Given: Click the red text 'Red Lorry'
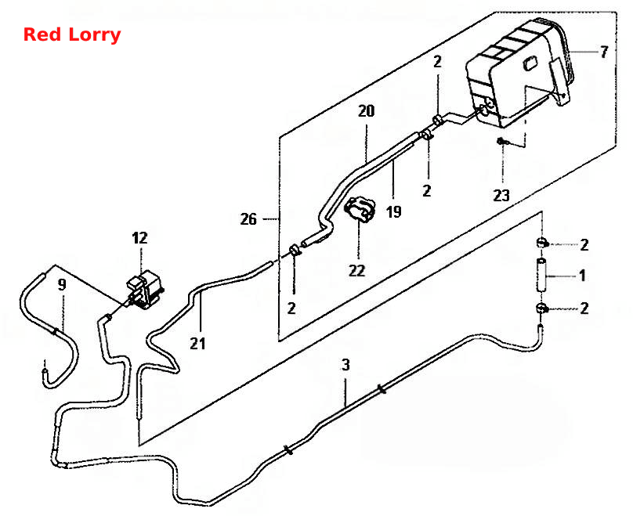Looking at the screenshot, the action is (x=72, y=34).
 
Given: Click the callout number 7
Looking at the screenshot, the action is (x=603, y=52).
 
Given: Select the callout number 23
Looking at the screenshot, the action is (x=501, y=196).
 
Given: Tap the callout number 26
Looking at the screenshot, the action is (x=248, y=219).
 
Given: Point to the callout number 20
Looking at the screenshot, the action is (x=366, y=111).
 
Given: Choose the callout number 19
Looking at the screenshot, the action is (x=393, y=212).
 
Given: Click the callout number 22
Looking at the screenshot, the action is (x=357, y=270).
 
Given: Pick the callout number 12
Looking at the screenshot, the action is (x=139, y=238).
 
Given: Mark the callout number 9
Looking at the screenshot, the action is (x=62, y=285).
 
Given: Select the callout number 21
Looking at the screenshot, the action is (x=197, y=344).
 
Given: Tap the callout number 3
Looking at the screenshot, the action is (x=345, y=365).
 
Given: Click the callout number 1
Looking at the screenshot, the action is (x=582, y=276).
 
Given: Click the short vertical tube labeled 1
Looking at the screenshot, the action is (x=541, y=275).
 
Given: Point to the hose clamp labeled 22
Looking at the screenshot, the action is (x=359, y=208).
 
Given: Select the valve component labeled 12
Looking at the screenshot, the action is (x=143, y=290).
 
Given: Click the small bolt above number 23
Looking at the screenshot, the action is (x=501, y=141).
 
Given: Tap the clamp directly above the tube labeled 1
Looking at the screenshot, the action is (x=541, y=243).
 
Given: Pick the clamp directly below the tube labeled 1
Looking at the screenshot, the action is (x=541, y=309).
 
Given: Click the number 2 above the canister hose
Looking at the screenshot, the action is (x=438, y=62).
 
